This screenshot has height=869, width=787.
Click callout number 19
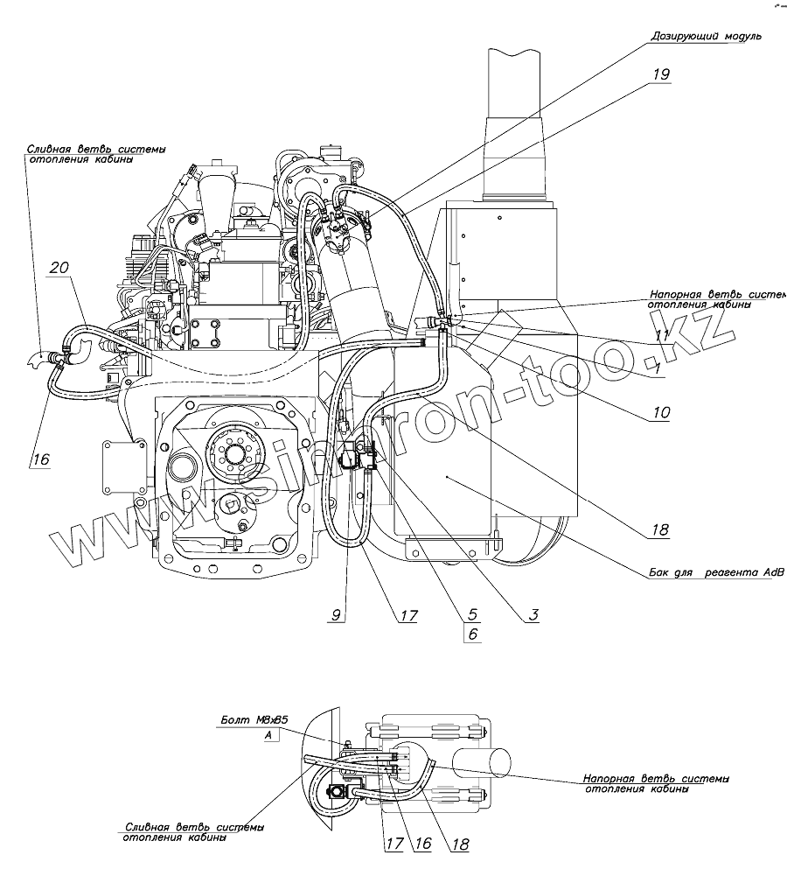pos(660,74)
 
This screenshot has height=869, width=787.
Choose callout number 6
pos(473,634)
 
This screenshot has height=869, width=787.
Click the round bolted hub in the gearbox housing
pos(235,452)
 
